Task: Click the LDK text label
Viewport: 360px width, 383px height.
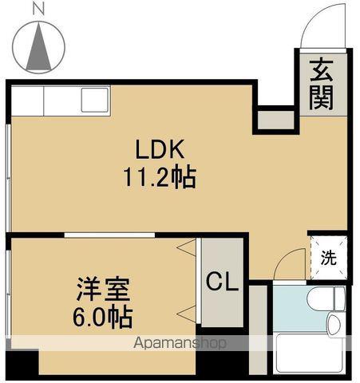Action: [x=160, y=149]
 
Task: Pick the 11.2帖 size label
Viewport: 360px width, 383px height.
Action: [x=160, y=176]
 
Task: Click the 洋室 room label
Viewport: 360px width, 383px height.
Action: [x=99, y=288]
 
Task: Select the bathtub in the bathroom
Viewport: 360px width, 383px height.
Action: [x=307, y=355]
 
